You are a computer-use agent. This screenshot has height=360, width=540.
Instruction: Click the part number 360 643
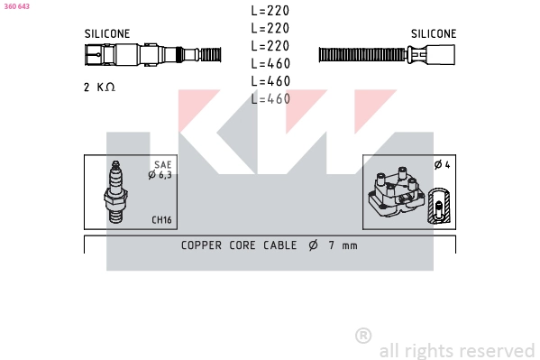[x=16, y=6]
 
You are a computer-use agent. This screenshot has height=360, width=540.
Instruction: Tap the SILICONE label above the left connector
[x=107, y=33]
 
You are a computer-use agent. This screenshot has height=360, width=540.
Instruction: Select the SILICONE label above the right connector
[x=434, y=33]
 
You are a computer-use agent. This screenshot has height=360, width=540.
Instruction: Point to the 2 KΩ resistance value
[x=99, y=87]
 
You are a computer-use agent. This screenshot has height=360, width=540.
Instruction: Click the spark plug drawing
[x=115, y=191]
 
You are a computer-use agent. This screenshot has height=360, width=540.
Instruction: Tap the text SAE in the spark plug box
[x=163, y=164]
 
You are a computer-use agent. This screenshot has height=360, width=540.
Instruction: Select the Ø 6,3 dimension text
[x=160, y=175]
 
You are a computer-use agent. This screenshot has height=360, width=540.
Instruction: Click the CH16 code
[x=161, y=219]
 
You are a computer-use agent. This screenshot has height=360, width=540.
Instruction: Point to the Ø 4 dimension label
[x=443, y=165]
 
